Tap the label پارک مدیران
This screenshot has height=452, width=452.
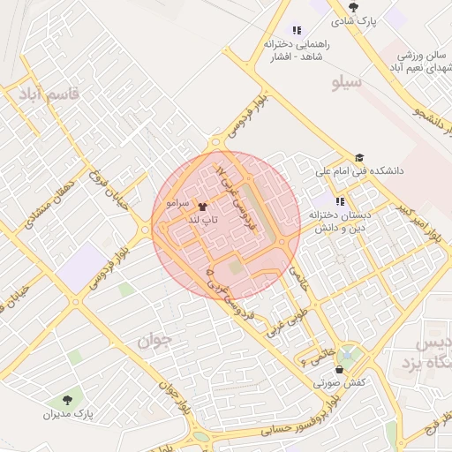pos(68,413)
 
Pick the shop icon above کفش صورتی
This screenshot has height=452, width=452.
pos(340,369)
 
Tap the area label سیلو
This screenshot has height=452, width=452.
pos(347,84)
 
